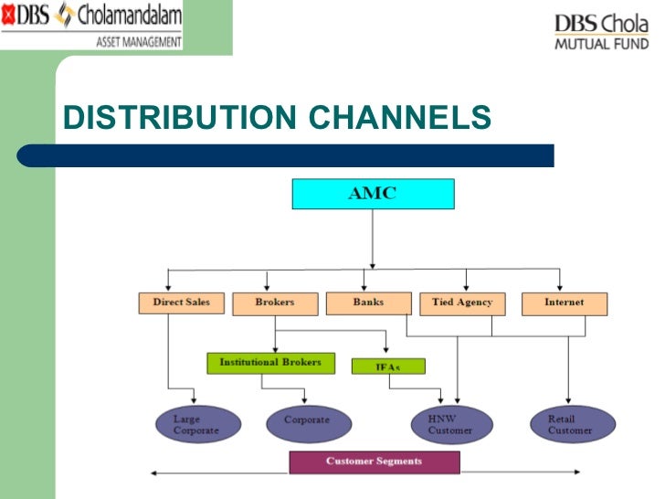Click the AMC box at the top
click(x=372, y=194)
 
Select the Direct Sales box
click(x=181, y=303)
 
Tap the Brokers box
click(x=275, y=303)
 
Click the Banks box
click(x=368, y=302)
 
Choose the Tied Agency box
click(x=461, y=303)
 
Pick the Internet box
click(x=564, y=303)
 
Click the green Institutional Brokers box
click(x=270, y=363)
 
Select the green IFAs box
click(x=388, y=366)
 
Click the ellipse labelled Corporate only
click(x=307, y=422)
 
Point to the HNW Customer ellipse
click(x=450, y=425)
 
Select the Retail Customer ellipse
click(x=570, y=424)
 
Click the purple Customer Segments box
click(x=375, y=462)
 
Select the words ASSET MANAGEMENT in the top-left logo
click(x=138, y=41)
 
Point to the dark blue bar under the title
click(x=292, y=155)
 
